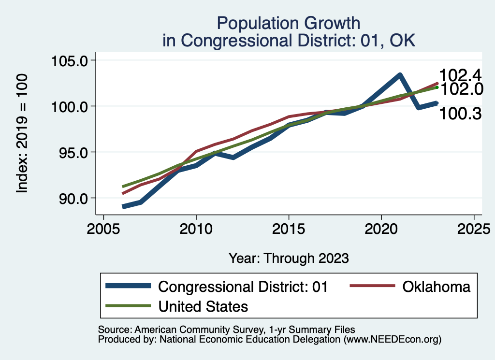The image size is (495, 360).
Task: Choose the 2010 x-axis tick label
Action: (x=196, y=229)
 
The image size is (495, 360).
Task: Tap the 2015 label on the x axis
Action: (x=289, y=229)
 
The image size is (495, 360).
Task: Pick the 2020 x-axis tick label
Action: (x=381, y=229)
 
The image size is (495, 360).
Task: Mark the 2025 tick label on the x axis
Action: (x=474, y=229)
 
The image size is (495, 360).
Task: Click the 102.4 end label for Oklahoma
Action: (x=461, y=75)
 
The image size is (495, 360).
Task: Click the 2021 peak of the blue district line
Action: (x=400, y=75)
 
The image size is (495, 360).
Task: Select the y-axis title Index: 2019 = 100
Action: (x=22, y=134)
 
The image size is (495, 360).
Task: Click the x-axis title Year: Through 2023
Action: (x=289, y=258)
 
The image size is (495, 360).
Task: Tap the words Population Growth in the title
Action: (x=289, y=23)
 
